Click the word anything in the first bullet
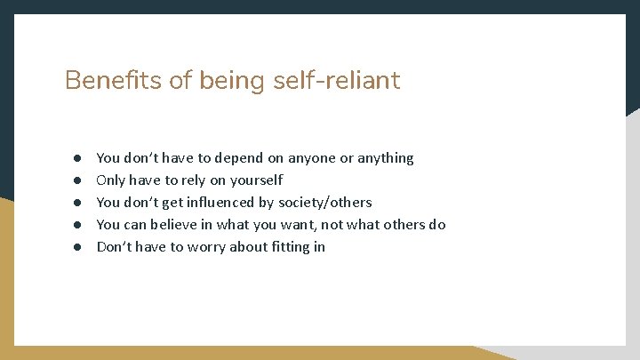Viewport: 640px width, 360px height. (385, 158)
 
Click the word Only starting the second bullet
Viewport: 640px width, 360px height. (111, 180)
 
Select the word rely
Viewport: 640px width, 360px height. (182, 180)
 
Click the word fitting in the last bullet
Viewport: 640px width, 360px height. (284, 247)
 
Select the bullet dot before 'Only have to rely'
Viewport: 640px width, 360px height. (77, 180)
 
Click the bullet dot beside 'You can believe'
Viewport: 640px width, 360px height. (77, 225)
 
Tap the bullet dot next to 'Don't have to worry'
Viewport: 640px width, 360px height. (77, 247)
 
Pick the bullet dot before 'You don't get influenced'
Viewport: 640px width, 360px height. (77, 203)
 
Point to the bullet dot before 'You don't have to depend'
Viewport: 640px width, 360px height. (77, 158)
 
